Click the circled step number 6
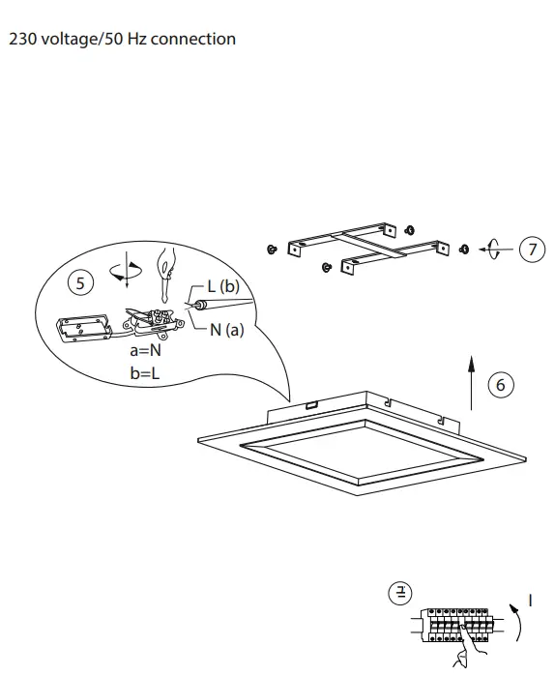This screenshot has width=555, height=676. click(500, 385)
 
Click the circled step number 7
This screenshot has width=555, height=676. click(532, 250)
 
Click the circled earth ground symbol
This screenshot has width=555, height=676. click(399, 592)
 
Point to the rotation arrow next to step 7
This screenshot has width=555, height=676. click(494, 250)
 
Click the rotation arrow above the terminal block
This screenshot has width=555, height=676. click(125, 270)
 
